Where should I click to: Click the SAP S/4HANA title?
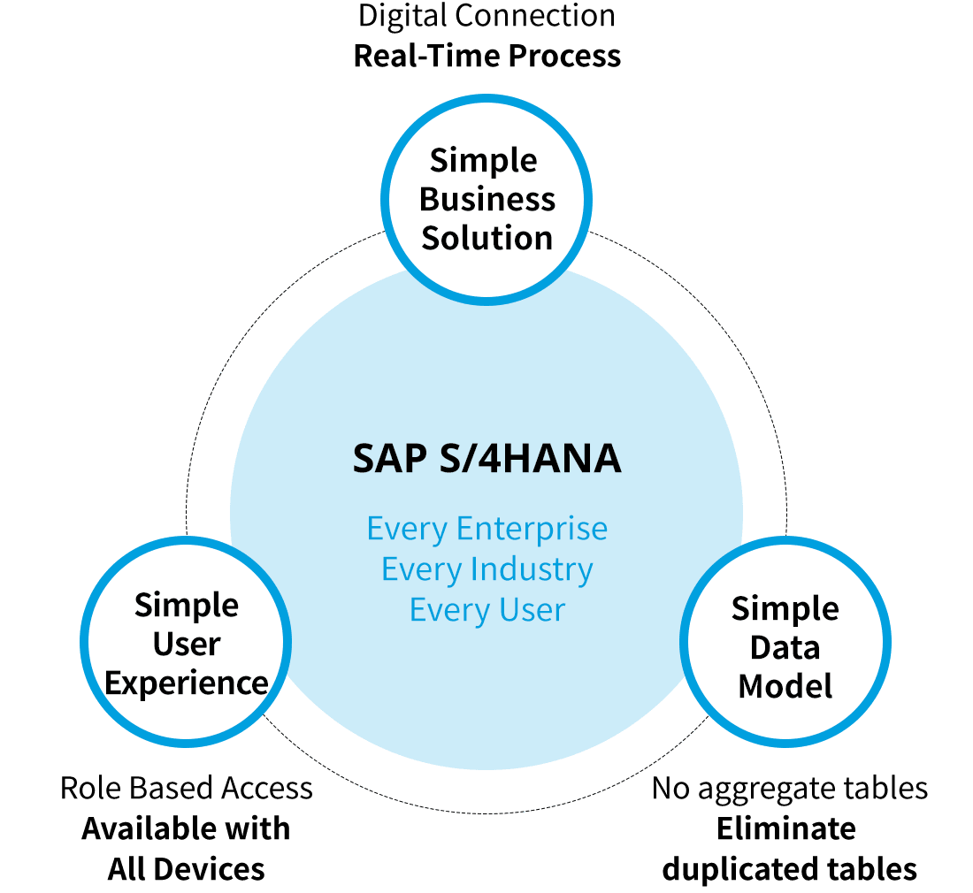(486, 460)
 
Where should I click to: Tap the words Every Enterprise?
(486, 529)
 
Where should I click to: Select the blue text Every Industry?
(486, 569)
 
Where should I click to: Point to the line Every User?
(486, 609)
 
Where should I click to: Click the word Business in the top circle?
(486, 200)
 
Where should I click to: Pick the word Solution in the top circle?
(486, 238)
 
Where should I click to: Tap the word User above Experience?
(187, 645)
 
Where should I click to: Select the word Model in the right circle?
(785, 686)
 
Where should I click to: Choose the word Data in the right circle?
(785, 647)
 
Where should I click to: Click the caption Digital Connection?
(486, 16)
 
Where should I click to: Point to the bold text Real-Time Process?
(486, 56)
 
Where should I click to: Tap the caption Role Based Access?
(187, 788)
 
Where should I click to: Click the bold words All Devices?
(187, 868)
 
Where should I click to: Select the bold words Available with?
(187, 828)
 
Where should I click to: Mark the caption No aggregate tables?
(790, 788)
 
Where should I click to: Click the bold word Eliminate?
(785, 828)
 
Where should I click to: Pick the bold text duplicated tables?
(790, 868)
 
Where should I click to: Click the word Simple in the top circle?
(484, 161)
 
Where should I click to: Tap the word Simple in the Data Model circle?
(785, 608)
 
